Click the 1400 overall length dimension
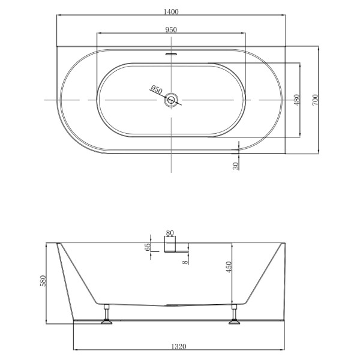point(170,11)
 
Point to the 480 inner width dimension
point(296,100)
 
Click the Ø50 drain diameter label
point(155,90)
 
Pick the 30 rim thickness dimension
point(236,164)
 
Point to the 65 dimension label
point(148,248)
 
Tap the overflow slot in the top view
point(172,52)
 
